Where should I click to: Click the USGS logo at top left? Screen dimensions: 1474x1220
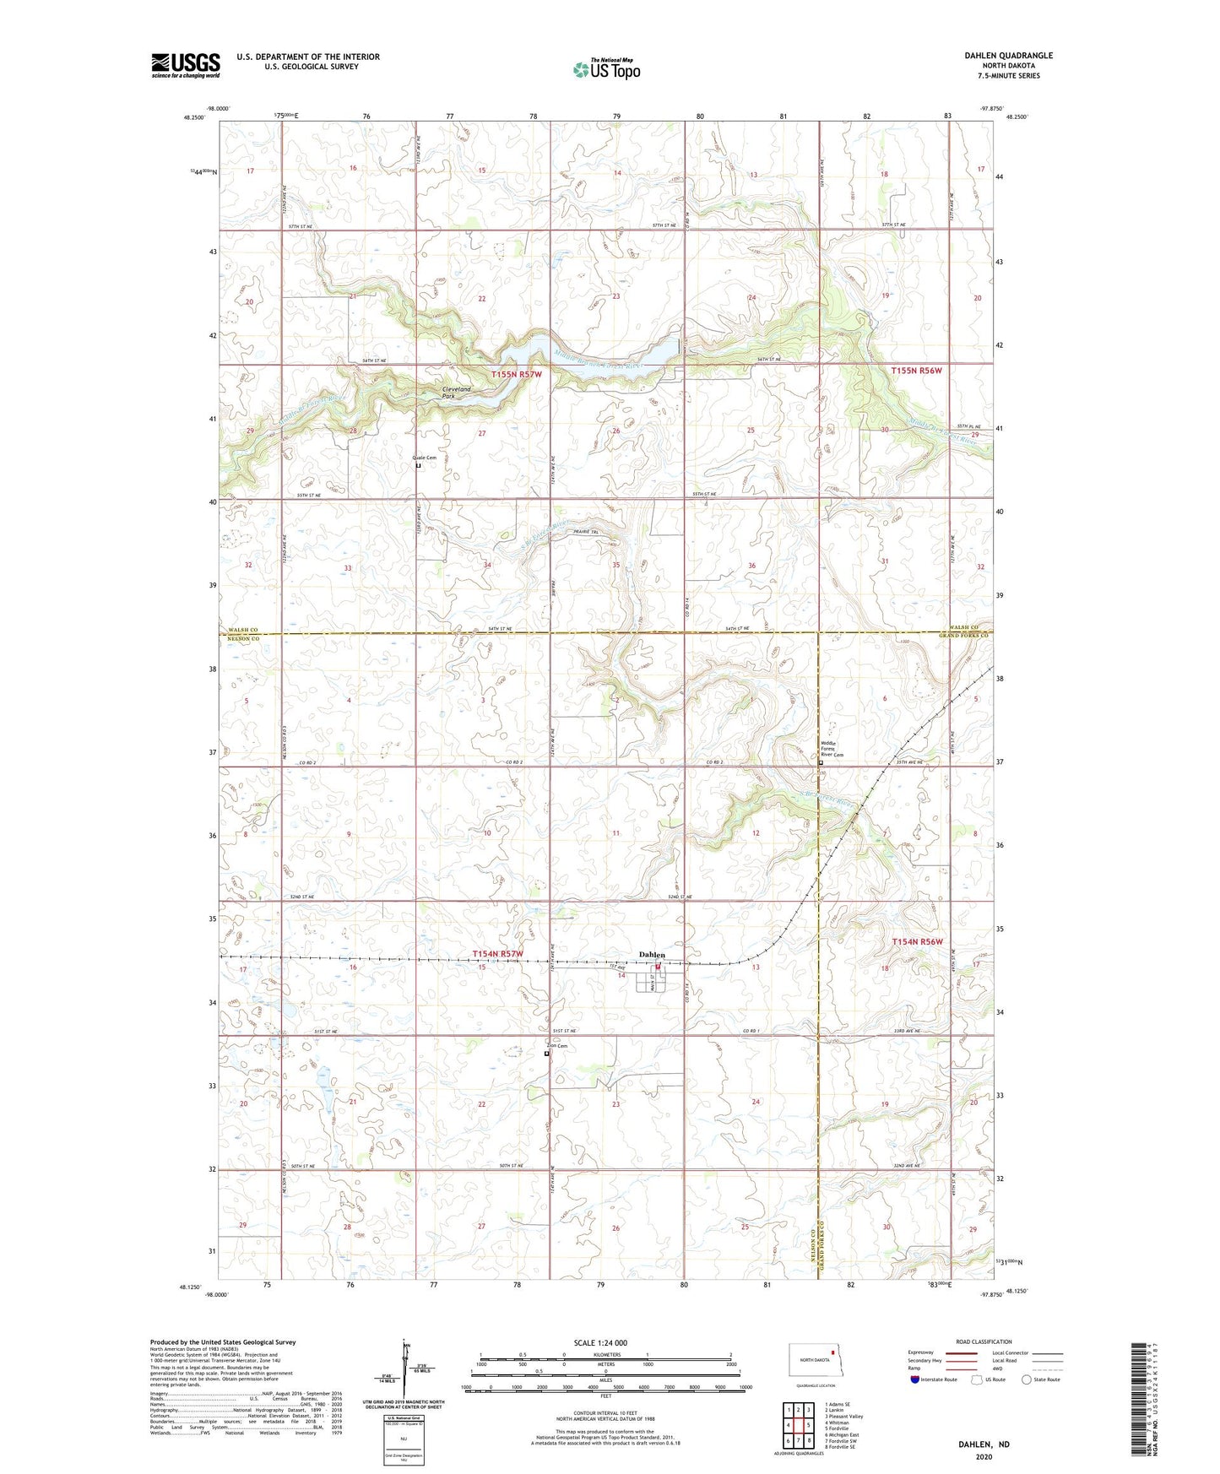(185, 65)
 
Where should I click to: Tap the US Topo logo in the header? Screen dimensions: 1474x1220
(606, 69)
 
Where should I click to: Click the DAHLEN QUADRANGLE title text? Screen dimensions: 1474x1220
(1008, 56)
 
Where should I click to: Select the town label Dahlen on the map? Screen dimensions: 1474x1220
(652, 954)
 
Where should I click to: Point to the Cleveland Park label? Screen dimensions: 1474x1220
(457, 392)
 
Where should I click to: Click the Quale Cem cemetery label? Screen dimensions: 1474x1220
(425, 458)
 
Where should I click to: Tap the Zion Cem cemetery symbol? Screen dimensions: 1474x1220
(546, 1054)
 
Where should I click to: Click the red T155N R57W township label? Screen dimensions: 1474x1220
(516, 374)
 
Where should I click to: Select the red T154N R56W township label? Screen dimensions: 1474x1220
(917, 941)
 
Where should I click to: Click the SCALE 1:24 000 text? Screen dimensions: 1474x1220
(599, 1342)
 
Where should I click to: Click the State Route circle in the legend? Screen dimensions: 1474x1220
(1027, 1379)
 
